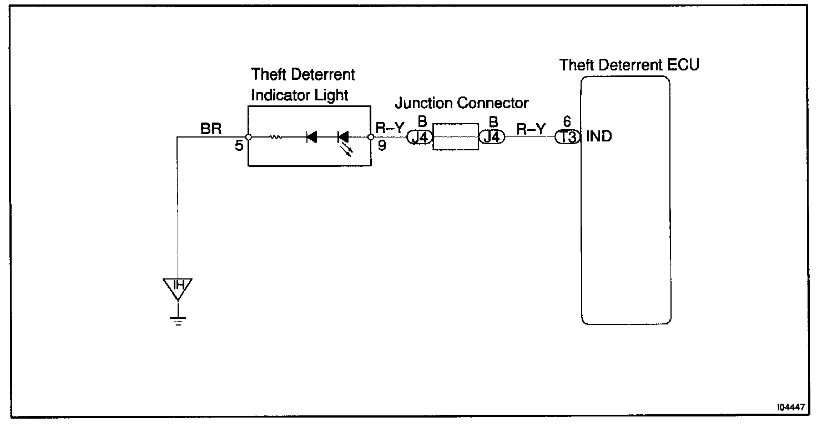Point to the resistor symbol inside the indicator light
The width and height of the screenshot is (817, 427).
pos(276,137)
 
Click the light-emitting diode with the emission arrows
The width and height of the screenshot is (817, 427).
pos(344,138)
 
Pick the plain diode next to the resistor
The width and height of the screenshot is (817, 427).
pos(311,137)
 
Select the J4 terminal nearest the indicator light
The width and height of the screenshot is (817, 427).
pos(420,137)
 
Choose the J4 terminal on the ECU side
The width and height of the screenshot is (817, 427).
pos(492,137)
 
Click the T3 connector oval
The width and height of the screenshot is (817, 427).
pos(567,137)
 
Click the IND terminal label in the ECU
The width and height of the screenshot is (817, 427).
pos(599,136)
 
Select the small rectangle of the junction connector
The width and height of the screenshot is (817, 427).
pos(455,136)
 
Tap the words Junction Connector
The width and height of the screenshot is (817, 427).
pos(462,103)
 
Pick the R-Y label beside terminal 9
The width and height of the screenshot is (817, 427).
pos(390,129)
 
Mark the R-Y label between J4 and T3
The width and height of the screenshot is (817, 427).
pos(531,129)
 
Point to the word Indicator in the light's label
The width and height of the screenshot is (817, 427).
pos(276,95)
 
